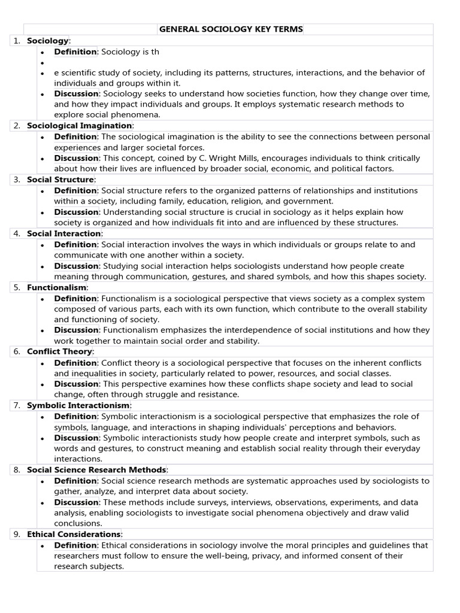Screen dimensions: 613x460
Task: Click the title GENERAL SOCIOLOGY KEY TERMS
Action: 231,29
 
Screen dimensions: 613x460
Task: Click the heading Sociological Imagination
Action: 79,126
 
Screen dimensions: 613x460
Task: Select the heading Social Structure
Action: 60,180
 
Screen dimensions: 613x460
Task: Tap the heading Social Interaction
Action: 64,233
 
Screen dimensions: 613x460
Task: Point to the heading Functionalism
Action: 57,287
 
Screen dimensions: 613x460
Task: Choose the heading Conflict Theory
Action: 59,351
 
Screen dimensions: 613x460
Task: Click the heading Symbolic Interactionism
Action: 78,405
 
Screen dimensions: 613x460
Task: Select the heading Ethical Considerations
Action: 74,534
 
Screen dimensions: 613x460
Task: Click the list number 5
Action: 17,287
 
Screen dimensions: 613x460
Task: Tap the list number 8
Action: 17,470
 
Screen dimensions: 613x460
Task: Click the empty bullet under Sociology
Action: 43,62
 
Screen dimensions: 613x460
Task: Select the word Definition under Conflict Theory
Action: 75,363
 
